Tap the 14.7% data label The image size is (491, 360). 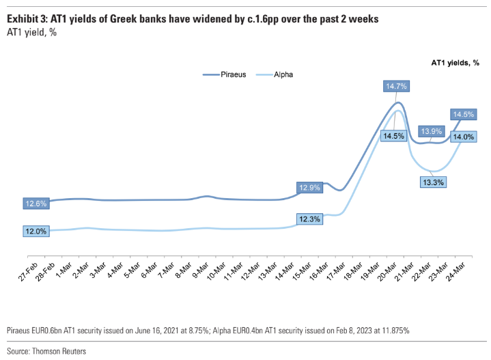[396, 86]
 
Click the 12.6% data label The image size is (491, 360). [36, 203]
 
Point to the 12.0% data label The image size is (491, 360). [36, 231]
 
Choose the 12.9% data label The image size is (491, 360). [309, 187]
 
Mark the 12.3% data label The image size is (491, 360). [309, 219]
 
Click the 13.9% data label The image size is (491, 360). [432, 130]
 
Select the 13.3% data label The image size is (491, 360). [432, 182]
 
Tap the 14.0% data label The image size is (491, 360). [464, 137]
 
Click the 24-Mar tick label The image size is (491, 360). [462, 267]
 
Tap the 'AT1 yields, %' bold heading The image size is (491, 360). [455, 62]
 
